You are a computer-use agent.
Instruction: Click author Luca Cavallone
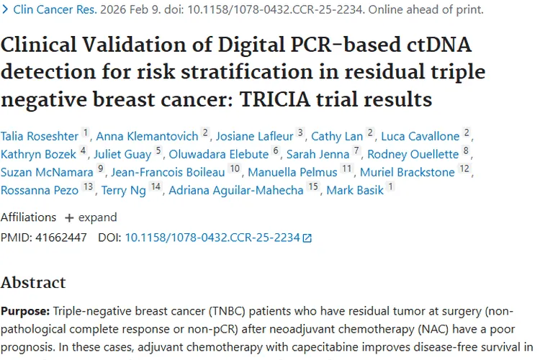420,135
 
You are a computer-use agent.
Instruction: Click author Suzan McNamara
47,172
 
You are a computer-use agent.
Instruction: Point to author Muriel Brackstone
407,172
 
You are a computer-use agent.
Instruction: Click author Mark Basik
355,190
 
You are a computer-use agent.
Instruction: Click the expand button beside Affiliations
91,217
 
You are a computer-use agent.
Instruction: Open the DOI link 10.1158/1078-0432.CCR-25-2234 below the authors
212,237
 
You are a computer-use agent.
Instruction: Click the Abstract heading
33,282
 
